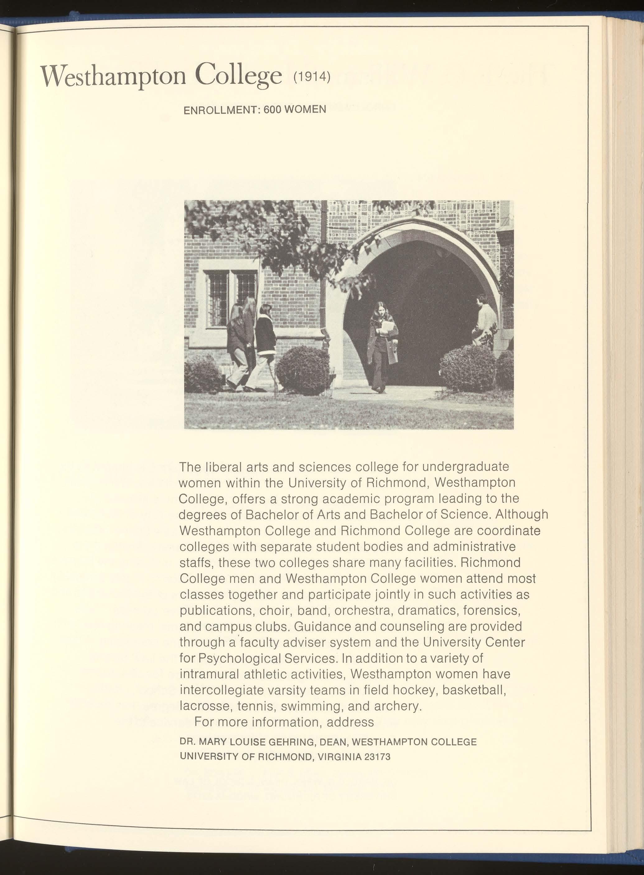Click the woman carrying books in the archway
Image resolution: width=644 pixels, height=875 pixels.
383,345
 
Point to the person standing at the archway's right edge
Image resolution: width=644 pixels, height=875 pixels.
485,320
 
